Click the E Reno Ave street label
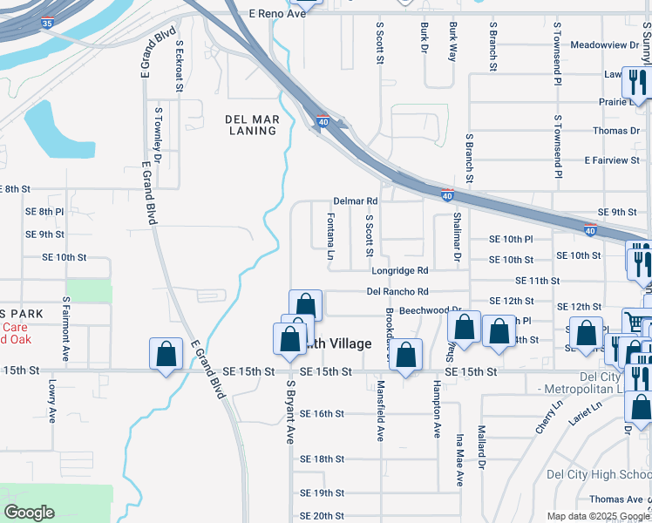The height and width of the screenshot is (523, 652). click(x=278, y=14)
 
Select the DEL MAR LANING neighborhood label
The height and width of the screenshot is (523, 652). click(x=251, y=125)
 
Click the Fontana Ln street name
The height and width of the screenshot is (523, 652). click(x=331, y=236)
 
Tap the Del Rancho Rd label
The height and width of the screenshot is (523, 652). click(x=397, y=291)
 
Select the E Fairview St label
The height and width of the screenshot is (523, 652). click(x=612, y=160)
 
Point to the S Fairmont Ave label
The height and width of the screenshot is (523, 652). click(x=66, y=329)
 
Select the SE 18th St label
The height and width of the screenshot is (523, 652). click(x=322, y=458)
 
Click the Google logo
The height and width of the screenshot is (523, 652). click(x=29, y=513)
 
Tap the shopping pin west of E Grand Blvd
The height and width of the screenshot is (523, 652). click(x=166, y=354)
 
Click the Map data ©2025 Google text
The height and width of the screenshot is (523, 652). click(x=598, y=516)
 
